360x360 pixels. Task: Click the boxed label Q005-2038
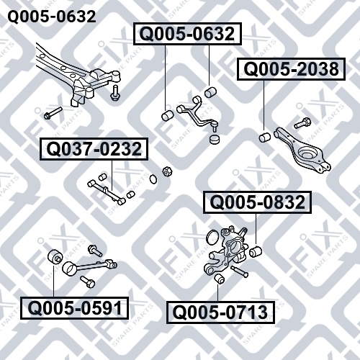pos(291,69)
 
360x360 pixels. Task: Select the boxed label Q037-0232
pos(94,149)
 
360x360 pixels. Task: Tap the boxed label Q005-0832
pos(257,202)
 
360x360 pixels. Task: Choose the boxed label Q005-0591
pos(75,308)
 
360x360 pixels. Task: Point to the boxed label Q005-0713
pos(220,312)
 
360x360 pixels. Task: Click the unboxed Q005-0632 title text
pos(52,17)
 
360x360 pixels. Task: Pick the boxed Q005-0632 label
pos(187,34)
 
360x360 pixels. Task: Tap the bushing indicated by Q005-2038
pos(265,137)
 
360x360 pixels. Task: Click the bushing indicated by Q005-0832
pos(256,251)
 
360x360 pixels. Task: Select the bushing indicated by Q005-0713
pos(219,279)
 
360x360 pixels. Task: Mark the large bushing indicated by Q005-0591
pos(55,258)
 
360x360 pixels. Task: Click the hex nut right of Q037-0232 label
pos(166,171)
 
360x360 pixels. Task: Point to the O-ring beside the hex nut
pos(153,179)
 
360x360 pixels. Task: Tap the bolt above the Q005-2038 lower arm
pos(302,123)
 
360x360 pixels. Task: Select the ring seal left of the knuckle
pos(212,238)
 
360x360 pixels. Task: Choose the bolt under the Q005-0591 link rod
pos(88,282)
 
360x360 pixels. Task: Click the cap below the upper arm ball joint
pos(215,140)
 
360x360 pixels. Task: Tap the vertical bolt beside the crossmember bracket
pos(114,93)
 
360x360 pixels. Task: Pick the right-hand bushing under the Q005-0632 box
pos(211,92)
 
